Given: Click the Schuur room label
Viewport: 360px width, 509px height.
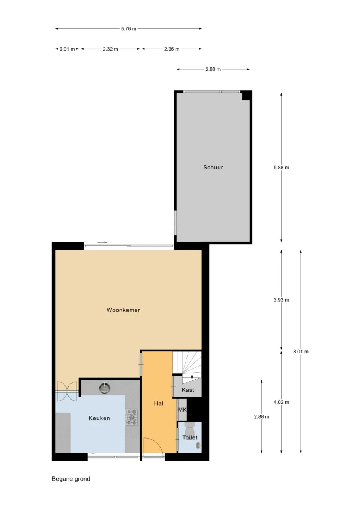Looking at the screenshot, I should click(x=213, y=168).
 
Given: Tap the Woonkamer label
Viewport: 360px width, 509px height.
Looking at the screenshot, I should click(x=123, y=310).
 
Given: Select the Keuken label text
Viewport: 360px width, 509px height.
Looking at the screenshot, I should click(x=99, y=418).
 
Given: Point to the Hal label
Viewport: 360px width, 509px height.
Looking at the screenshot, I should click(x=158, y=403).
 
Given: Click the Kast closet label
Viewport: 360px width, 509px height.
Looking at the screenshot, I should click(x=187, y=390).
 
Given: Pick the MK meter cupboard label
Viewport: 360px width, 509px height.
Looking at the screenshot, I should click(x=182, y=410).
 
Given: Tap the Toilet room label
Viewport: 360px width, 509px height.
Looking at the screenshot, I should click(x=190, y=437).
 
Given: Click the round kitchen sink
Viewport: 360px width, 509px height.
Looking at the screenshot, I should click(x=105, y=388).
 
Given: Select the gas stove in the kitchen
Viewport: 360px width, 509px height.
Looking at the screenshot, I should click(x=131, y=417).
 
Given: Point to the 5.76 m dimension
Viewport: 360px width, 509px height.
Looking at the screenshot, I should click(x=129, y=29).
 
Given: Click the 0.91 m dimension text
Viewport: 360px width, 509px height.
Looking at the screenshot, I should click(x=67, y=49).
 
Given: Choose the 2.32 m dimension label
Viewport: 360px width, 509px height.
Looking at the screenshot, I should click(x=110, y=49).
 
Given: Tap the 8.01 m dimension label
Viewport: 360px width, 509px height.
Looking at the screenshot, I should click(x=301, y=352).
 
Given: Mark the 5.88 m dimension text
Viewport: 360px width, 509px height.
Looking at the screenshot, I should click(x=281, y=168).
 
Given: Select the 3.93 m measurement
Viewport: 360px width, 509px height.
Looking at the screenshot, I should click(x=281, y=300).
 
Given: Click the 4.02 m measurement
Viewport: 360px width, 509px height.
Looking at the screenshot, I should click(x=281, y=402).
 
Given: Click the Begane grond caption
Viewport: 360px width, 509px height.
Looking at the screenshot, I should click(x=71, y=479).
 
